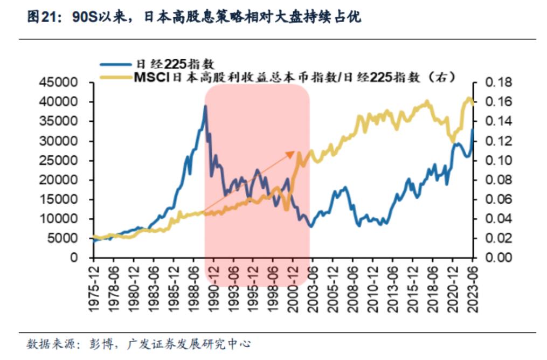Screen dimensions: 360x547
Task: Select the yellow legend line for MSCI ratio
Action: coord(116,78)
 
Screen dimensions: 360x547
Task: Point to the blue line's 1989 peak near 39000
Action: coord(205,106)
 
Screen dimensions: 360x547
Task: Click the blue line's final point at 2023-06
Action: coord(473,129)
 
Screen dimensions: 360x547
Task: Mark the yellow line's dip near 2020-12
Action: coord(452,141)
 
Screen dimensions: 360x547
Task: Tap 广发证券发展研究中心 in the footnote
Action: coord(189,344)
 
